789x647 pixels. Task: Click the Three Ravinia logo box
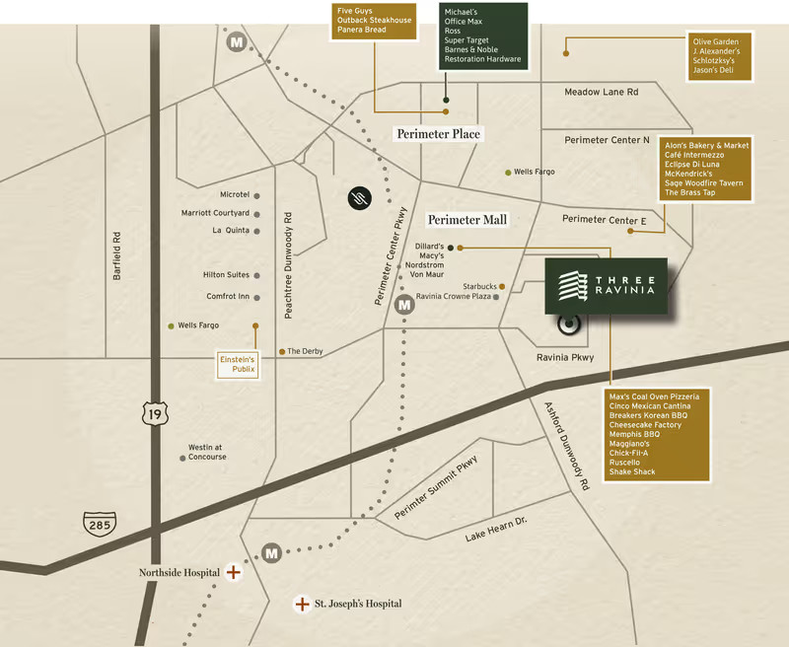(606, 287)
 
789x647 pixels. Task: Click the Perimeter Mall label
(466, 220)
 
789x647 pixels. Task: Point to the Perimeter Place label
(438, 133)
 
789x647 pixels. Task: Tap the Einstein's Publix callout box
(237, 365)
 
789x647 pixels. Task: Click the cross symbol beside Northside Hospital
(233, 572)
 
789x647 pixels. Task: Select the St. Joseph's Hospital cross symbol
(302, 604)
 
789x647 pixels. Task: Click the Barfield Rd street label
(117, 257)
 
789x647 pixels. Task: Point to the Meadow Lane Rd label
(601, 92)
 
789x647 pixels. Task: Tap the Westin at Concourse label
(208, 452)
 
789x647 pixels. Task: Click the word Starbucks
(479, 286)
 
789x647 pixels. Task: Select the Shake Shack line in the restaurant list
(632, 471)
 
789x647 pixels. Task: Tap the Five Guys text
(355, 10)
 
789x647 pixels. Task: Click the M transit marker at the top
(237, 42)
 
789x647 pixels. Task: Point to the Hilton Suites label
(226, 275)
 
